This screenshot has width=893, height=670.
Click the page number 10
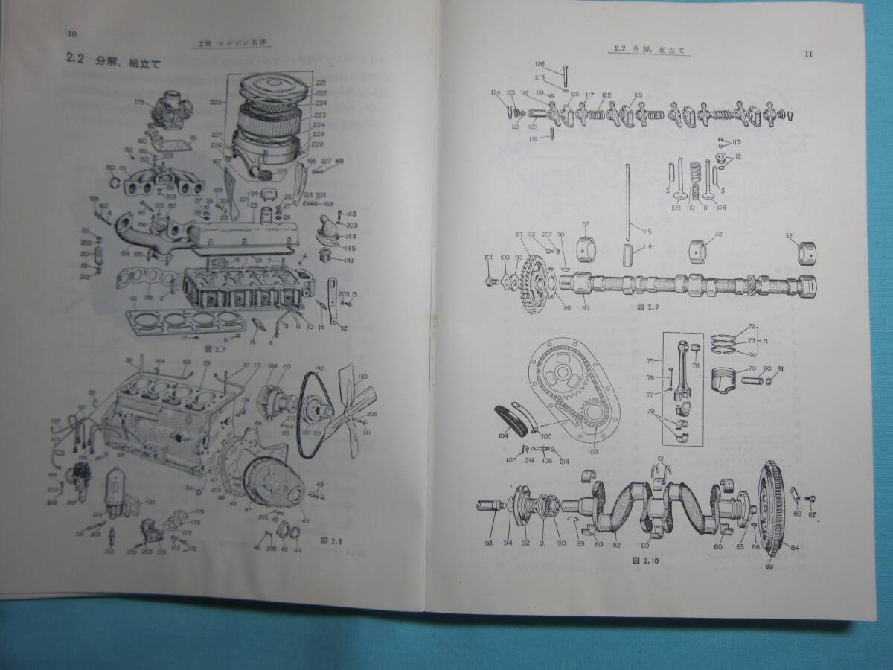(71, 33)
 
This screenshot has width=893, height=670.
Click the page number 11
(810, 54)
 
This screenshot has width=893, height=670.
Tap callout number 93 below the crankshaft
(488, 543)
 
